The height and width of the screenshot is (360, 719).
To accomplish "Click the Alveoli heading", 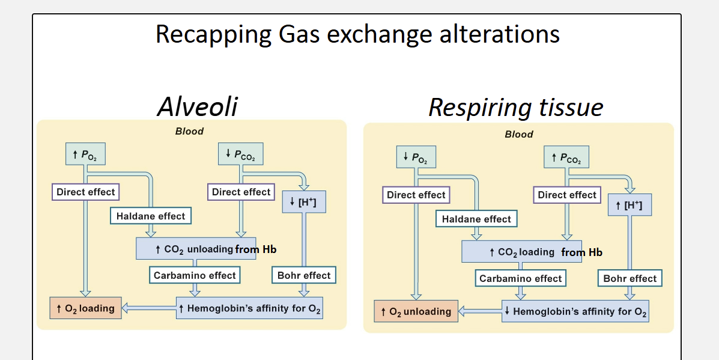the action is point(197,106).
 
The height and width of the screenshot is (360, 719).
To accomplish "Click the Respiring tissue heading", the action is point(515,108).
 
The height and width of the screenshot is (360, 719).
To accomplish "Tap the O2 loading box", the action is point(86,308).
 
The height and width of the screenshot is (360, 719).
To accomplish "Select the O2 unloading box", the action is point(416,311).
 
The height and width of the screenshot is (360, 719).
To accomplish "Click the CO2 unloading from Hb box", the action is point(196,249).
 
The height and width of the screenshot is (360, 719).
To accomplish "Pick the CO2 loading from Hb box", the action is point(522,252).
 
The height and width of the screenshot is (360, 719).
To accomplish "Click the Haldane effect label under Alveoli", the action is point(150,216).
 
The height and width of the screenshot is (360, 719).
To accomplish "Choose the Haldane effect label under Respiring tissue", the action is point(476,219).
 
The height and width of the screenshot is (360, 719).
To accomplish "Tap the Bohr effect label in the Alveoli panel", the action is point(303,275).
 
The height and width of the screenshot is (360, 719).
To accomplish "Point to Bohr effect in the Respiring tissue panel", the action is point(630,278).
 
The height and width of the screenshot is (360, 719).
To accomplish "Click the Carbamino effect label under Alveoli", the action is point(195,275).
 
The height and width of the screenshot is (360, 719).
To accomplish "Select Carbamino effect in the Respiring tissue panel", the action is point(520,278).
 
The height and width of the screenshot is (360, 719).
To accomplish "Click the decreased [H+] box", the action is point(304,202).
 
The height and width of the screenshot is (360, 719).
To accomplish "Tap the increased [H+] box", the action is point(630,205).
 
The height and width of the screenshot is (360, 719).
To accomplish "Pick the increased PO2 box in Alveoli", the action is point(86,154).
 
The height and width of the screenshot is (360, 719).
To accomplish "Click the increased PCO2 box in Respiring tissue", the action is point(567,157).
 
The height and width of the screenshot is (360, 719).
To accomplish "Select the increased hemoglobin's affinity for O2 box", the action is point(250,308).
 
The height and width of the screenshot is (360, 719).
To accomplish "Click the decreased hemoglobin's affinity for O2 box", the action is point(575,311).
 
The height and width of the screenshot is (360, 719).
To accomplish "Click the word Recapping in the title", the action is point(213,34).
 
